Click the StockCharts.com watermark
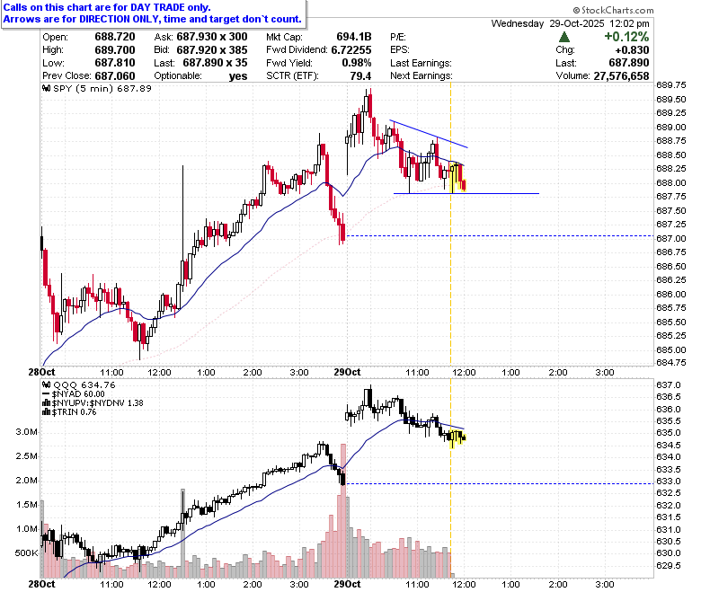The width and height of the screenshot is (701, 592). pyautogui.click(x=613, y=10)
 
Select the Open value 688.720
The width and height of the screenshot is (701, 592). pyautogui.click(x=115, y=37)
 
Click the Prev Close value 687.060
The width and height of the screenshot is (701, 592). pyautogui.click(x=115, y=76)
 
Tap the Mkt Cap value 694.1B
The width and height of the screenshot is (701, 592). pyautogui.click(x=354, y=37)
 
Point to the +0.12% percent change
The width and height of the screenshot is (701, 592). pyautogui.click(x=626, y=37)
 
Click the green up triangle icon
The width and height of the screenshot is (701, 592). pyautogui.click(x=564, y=37)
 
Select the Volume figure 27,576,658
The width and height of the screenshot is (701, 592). pyautogui.click(x=621, y=76)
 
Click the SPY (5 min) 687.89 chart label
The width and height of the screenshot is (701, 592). pyautogui.click(x=97, y=88)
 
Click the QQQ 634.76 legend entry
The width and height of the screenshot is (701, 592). pyautogui.click(x=79, y=384)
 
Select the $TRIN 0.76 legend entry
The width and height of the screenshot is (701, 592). pyautogui.click(x=69, y=412)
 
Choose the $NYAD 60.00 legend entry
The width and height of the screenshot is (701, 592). pyautogui.click(x=74, y=394)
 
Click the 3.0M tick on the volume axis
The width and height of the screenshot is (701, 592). pyautogui.click(x=26, y=432)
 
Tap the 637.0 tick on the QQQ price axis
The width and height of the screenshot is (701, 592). pyautogui.click(x=669, y=385)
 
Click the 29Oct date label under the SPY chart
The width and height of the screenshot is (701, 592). pyautogui.click(x=348, y=372)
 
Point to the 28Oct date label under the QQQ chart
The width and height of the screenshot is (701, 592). pyautogui.click(x=41, y=584)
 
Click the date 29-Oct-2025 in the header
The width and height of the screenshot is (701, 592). pyautogui.click(x=577, y=23)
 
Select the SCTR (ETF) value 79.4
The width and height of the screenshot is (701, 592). pyautogui.click(x=360, y=76)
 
